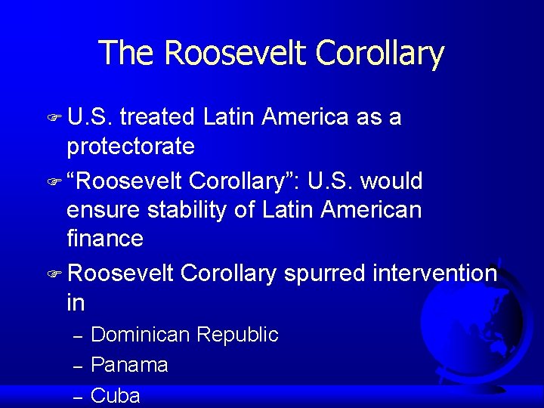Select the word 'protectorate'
tap(131, 146)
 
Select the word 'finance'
tap(105, 238)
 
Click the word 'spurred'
tap(323, 273)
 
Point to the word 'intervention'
tap(434, 273)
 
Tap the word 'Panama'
tap(129, 365)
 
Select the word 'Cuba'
tap(115, 395)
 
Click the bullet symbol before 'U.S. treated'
tap(54, 119)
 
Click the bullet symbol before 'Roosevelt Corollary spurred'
tap(54, 274)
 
